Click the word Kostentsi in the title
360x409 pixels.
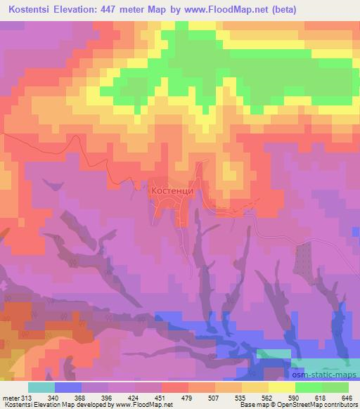[33, 11]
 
